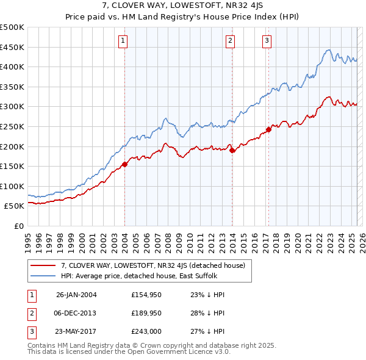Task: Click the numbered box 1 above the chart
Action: click(x=123, y=41)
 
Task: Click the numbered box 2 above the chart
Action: click(x=231, y=41)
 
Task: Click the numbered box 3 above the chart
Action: click(x=267, y=41)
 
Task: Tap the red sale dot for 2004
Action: click(x=124, y=164)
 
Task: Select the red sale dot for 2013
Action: click(x=232, y=150)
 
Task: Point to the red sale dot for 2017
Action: click(x=268, y=129)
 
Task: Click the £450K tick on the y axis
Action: click(x=12, y=47)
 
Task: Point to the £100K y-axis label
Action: click(x=12, y=186)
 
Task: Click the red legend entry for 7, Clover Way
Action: click(x=152, y=265)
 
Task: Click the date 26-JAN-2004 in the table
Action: click(x=76, y=294)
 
